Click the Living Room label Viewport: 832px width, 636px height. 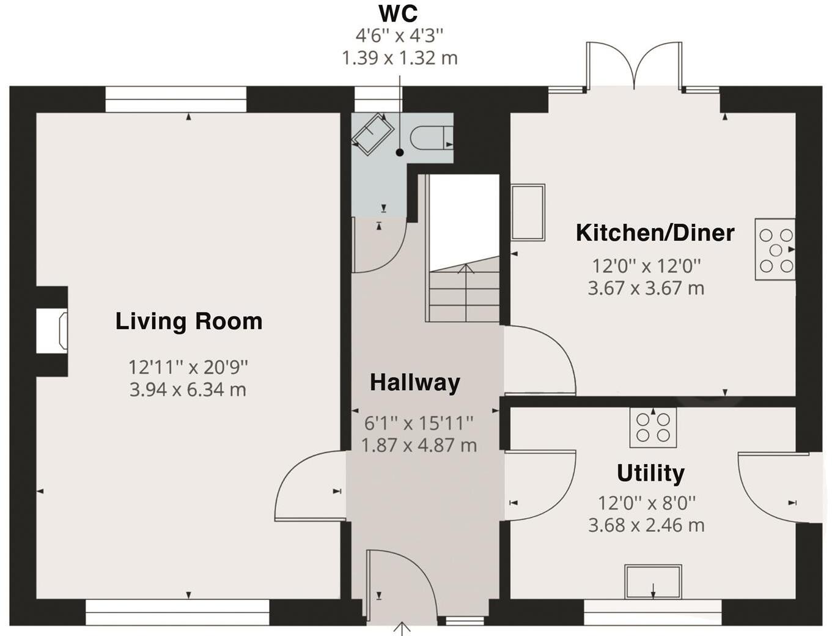[189, 322]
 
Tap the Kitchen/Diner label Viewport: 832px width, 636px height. [655, 233]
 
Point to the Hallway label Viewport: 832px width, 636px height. [415, 382]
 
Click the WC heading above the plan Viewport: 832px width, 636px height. [399, 14]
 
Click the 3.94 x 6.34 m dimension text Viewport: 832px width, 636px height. [188, 390]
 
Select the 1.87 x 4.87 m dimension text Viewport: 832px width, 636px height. [419, 445]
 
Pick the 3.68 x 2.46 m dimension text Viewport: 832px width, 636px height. [646, 525]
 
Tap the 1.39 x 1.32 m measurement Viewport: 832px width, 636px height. [400, 58]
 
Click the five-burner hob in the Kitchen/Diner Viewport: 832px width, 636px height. [775, 250]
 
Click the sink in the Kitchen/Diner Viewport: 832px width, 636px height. [528, 212]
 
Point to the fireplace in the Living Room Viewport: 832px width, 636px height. [53, 330]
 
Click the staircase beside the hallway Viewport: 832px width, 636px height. [464, 248]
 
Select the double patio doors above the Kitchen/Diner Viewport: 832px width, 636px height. [635, 66]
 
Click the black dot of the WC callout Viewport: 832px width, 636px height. [400, 153]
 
